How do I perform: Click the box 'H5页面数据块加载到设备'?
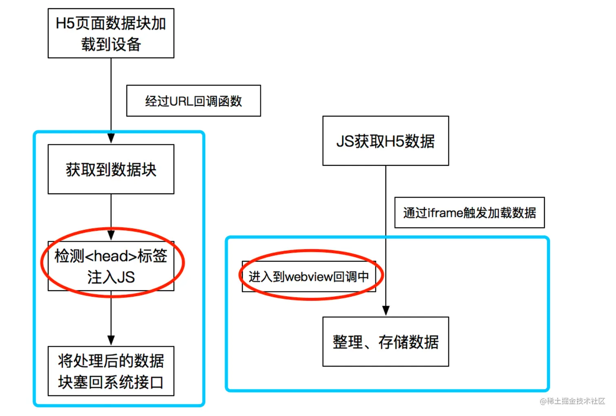pos(111,33)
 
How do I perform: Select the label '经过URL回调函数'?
pos(194,101)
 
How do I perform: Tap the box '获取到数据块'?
pos(111,169)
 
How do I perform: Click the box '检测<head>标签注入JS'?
pos(111,266)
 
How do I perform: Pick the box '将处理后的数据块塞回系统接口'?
pos(111,371)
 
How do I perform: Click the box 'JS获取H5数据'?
pos(385,141)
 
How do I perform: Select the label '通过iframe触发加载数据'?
pos(469,213)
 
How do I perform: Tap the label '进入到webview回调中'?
pos(309,277)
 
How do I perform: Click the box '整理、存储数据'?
pos(385,342)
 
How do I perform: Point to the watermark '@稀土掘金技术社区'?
pos(572,401)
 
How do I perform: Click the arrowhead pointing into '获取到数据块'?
pos(111,138)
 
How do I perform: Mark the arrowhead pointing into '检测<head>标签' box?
pos(111,235)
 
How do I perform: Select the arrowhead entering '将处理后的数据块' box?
pos(111,340)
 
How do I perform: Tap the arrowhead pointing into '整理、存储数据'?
pos(386,311)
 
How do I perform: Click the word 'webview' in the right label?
pos(309,277)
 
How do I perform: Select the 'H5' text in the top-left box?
pos(65,24)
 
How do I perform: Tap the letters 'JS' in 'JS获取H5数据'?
pos(345,141)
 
